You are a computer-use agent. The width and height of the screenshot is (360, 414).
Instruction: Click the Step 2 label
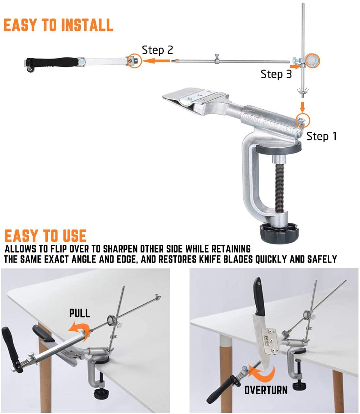point(158,50)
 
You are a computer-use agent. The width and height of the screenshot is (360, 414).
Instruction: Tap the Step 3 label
point(276,74)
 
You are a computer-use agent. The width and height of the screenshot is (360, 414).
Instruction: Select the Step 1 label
point(322,136)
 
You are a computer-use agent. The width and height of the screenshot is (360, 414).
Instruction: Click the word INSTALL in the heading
point(87,25)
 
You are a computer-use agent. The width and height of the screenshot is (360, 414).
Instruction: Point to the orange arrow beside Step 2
point(156,61)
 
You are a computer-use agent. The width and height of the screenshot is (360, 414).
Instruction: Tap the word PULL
point(80,313)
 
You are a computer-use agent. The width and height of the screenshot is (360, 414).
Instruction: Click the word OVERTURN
point(266,390)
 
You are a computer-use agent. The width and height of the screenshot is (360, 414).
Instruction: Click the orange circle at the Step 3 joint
point(312,60)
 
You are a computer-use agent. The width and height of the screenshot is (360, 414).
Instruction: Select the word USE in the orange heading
point(74,236)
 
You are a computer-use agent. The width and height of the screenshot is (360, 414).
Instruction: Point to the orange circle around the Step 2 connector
point(134,61)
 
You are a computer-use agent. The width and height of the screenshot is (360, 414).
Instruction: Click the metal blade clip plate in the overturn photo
point(270,341)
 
